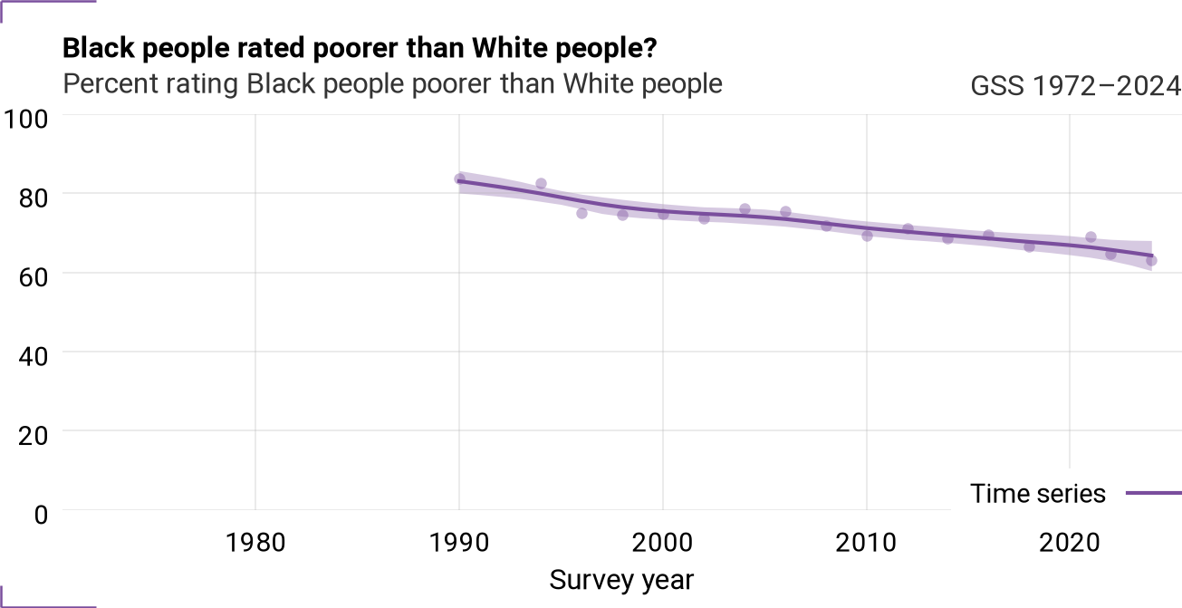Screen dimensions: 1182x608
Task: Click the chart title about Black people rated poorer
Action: (x=360, y=49)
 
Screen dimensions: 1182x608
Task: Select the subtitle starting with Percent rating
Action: (x=392, y=84)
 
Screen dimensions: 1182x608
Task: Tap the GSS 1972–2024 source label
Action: (x=1075, y=85)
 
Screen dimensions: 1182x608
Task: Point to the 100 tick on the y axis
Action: (x=25, y=119)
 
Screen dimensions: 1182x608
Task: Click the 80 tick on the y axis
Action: (x=34, y=198)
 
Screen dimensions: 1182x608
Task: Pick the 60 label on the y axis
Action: (x=34, y=277)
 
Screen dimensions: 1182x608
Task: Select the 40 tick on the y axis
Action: (x=34, y=356)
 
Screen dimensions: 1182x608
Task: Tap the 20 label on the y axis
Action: (x=34, y=436)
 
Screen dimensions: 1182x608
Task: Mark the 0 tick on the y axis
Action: (x=41, y=515)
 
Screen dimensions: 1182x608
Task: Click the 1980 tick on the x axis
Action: (x=255, y=543)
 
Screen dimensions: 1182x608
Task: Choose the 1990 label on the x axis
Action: (x=459, y=543)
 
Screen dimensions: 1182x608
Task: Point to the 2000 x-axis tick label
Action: (x=663, y=543)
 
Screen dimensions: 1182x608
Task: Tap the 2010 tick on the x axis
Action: (x=866, y=543)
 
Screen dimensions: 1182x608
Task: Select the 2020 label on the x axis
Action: (x=1070, y=543)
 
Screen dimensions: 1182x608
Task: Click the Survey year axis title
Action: (x=621, y=581)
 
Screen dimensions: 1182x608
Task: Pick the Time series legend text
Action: (x=1037, y=494)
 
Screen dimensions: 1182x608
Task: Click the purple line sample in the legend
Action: (x=1154, y=494)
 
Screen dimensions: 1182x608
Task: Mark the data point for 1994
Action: (x=541, y=184)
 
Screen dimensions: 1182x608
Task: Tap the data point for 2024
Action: (x=1151, y=260)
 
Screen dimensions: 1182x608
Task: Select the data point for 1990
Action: (x=459, y=179)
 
